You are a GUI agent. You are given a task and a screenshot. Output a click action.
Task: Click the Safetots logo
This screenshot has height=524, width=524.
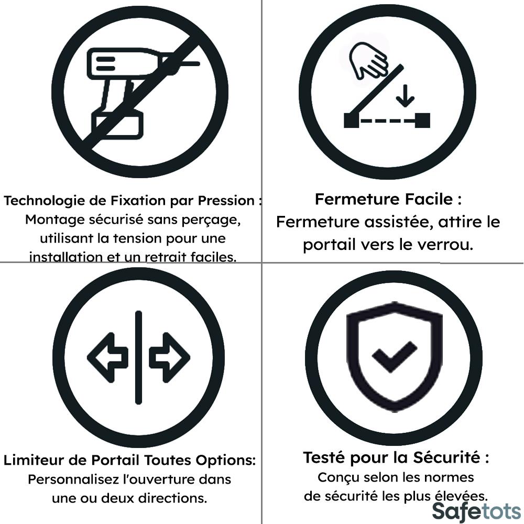[x=476, y=511]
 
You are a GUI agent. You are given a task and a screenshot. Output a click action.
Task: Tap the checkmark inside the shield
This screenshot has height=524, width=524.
[x=395, y=356]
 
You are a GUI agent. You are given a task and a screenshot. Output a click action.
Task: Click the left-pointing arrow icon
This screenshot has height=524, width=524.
[x=107, y=357]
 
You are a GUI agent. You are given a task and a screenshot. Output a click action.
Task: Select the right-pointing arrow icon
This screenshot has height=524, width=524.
[x=169, y=357]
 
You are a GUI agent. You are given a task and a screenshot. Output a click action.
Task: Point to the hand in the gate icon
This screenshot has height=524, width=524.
[x=368, y=60]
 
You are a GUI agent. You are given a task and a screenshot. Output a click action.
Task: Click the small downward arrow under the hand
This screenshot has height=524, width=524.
[x=405, y=96]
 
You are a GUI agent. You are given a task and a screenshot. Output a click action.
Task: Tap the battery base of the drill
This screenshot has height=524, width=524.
[x=117, y=125]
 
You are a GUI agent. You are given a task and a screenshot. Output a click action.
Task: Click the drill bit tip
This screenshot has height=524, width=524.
[x=197, y=63]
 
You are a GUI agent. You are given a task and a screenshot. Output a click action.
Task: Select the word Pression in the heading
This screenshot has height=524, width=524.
[x=226, y=201]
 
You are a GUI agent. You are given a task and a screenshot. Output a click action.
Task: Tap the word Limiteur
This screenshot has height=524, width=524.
[x=34, y=460]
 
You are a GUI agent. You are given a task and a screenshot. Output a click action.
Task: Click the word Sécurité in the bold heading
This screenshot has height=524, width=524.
[x=447, y=457]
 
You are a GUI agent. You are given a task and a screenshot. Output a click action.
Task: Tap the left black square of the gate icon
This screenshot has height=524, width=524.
[x=351, y=121]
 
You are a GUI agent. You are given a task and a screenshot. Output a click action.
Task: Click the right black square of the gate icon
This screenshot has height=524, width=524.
[x=422, y=121]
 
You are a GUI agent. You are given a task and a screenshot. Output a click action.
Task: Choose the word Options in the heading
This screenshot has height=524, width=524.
[x=225, y=461]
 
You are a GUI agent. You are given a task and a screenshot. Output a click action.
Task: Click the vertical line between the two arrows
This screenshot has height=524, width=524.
[x=138, y=357]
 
